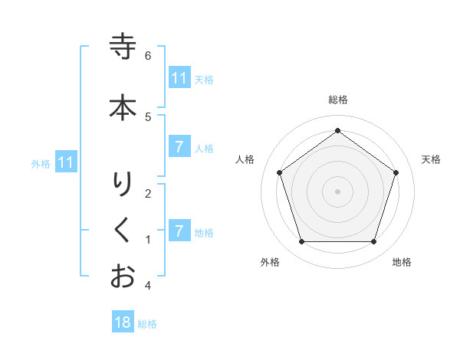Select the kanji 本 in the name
123,106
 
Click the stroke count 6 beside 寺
148,56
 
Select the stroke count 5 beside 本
148,116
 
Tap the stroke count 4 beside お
148,286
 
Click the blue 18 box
123,322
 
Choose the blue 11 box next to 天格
179,78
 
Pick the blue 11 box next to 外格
65,162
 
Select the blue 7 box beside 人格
179,147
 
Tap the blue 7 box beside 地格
179,231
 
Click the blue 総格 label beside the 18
147,324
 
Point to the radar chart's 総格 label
338,100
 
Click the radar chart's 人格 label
245,159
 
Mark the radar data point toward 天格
396,172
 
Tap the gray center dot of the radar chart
337,191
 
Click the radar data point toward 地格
373,242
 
